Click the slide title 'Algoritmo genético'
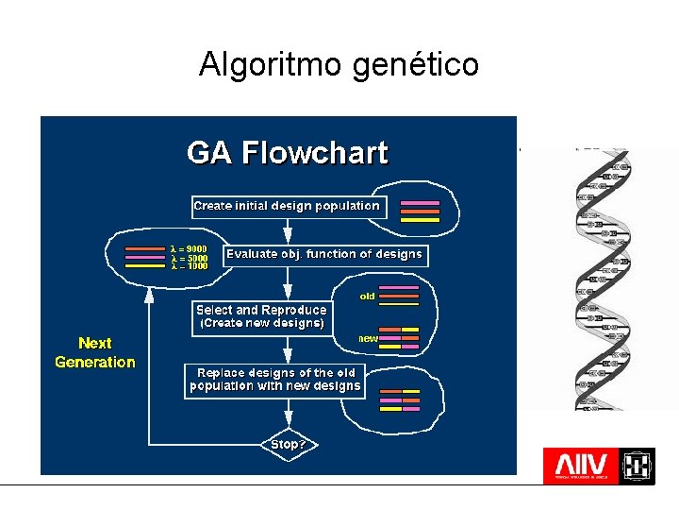(x=339, y=64)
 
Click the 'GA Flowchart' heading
(x=287, y=152)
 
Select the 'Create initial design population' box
(x=287, y=206)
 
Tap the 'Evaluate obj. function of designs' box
(x=324, y=254)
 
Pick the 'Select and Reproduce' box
(x=261, y=316)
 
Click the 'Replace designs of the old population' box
(x=274, y=379)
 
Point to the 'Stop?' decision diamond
(x=289, y=444)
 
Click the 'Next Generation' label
(x=95, y=352)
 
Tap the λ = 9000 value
(x=189, y=248)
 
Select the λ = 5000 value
(x=189, y=257)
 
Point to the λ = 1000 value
(x=189, y=265)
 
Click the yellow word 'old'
(x=368, y=296)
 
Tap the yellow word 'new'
(x=368, y=337)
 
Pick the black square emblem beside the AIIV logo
(x=638, y=466)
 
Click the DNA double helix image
(x=600, y=279)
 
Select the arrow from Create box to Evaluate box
(x=288, y=231)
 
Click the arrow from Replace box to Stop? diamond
(x=288, y=416)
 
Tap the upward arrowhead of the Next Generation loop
(x=149, y=294)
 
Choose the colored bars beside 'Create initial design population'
(x=420, y=211)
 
